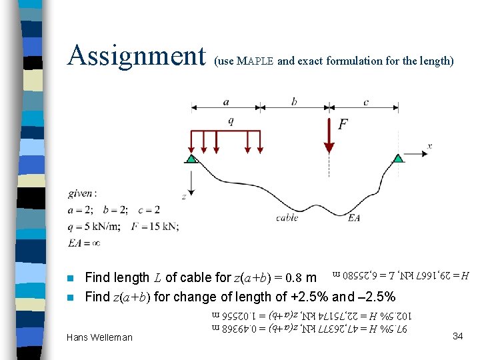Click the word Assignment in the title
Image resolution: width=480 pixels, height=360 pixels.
(x=136, y=56)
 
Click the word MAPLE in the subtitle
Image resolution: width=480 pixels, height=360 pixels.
(x=256, y=61)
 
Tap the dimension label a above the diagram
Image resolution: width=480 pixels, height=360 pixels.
(x=226, y=102)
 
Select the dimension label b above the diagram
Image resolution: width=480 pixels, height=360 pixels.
(x=294, y=102)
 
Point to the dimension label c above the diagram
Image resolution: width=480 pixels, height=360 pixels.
(x=366, y=102)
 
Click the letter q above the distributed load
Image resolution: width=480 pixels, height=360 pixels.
(x=231, y=121)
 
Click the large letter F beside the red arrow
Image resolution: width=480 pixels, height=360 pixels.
(x=343, y=125)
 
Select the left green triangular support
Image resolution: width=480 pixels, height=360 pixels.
(x=191, y=159)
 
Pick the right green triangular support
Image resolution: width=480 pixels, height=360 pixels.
(x=398, y=158)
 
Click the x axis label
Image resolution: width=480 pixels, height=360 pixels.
(x=430, y=145)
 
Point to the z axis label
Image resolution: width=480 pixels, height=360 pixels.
(x=183, y=197)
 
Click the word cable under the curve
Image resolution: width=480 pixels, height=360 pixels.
(x=287, y=217)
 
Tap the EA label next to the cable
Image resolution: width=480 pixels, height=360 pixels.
(x=355, y=217)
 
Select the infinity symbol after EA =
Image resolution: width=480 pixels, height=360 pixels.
(x=95, y=243)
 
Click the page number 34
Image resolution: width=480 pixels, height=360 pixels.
(x=457, y=336)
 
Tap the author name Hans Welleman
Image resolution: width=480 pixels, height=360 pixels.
(x=99, y=338)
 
